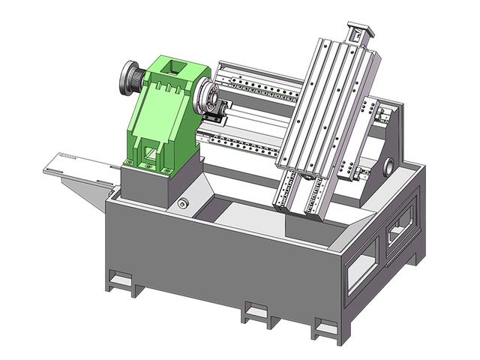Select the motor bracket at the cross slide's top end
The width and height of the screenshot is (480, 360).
(358, 34)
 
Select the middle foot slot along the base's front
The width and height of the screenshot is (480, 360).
(255, 310)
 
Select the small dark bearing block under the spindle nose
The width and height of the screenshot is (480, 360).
(214, 119)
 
